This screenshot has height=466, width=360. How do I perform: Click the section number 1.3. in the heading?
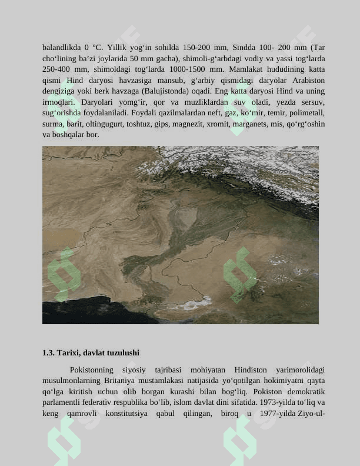[48, 353]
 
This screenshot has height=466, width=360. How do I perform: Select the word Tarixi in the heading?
[69, 353]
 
